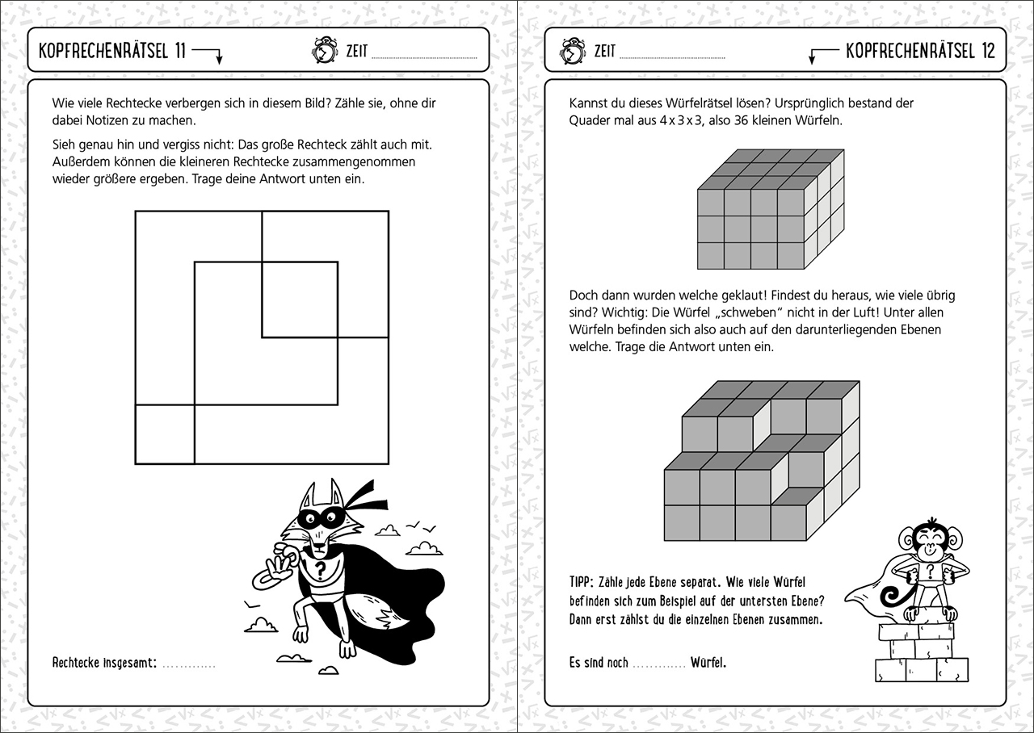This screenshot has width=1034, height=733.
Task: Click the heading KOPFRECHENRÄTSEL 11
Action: coord(112,51)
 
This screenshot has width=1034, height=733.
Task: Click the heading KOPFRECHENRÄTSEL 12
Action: coord(920,51)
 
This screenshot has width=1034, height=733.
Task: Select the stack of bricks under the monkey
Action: coord(921,654)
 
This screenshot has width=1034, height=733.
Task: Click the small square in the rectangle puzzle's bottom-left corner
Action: coord(165,434)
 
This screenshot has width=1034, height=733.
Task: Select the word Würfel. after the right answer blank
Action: coord(708,663)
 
